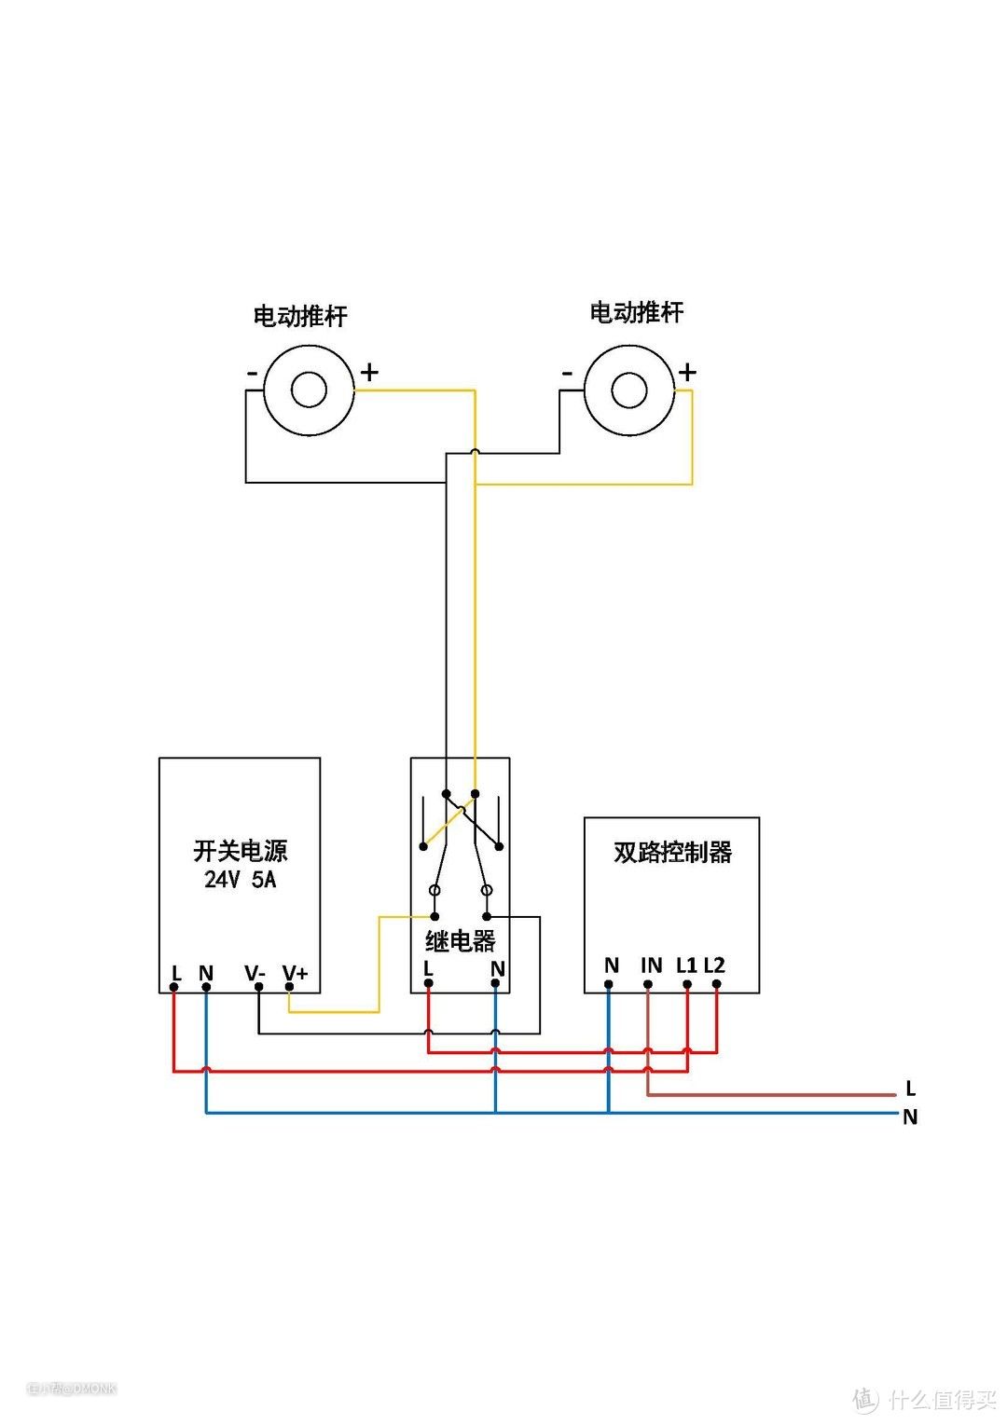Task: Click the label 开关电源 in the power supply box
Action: [x=241, y=851]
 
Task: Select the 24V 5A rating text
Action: [x=241, y=879]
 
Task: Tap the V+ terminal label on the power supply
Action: [x=295, y=974]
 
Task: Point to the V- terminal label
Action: [x=255, y=974]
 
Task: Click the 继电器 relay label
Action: [x=461, y=941]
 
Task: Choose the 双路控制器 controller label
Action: [x=672, y=852]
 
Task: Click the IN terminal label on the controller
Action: [x=651, y=965]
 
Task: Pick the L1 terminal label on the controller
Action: [x=687, y=965]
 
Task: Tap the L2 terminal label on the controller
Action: [x=714, y=965]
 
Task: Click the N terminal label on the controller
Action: [x=612, y=965]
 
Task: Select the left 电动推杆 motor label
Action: [x=300, y=316]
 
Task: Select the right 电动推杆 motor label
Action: [x=637, y=312]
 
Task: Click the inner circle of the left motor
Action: [x=309, y=390]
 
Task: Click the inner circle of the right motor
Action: [x=629, y=390]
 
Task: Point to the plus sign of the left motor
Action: [x=369, y=373]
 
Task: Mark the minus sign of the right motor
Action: [x=567, y=374]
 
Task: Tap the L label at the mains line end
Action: [x=910, y=1089]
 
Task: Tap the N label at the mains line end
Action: [x=910, y=1117]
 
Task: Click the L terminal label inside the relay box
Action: [x=428, y=968]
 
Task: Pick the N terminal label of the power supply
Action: [x=206, y=974]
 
